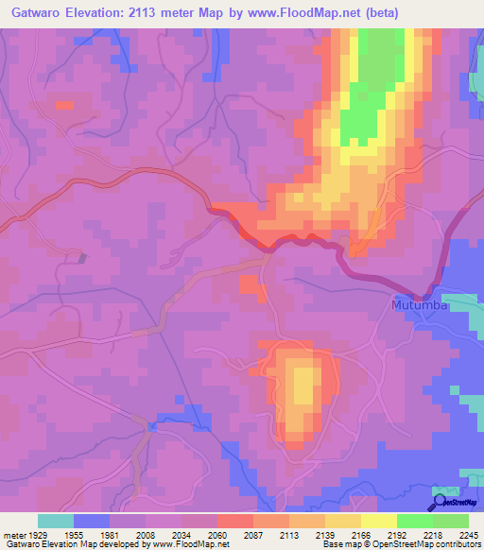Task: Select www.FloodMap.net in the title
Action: pyautogui.click(x=304, y=12)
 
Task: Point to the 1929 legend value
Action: pyautogui.click(x=38, y=534)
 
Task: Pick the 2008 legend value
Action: pyautogui.click(x=146, y=534)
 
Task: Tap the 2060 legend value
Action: pyautogui.click(x=217, y=534)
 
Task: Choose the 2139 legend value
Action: pyautogui.click(x=324, y=534)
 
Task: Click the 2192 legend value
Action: pyautogui.click(x=396, y=534)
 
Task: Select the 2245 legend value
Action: pyautogui.click(x=469, y=534)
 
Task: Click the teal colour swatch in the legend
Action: pyautogui.click(x=56, y=521)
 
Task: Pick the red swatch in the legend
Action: pyautogui.click(x=234, y=521)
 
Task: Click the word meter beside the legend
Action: pyautogui.click(x=12, y=534)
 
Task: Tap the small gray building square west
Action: pyautogui.click(x=82, y=257)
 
